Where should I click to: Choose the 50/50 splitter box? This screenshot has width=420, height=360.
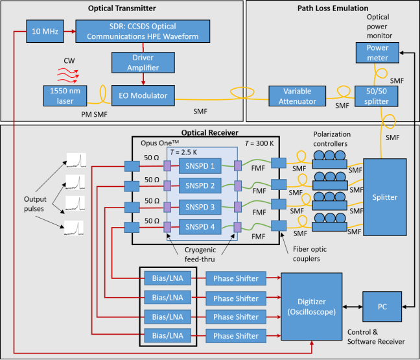pyautogui.click(x=377, y=96)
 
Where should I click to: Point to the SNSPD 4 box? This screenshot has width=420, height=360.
pyautogui.click(x=198, y=227)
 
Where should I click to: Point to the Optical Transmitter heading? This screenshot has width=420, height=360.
pyautogui.click(x=122, y=8)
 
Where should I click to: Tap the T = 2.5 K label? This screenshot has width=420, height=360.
pyautogui.click(x=184, y=151)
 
